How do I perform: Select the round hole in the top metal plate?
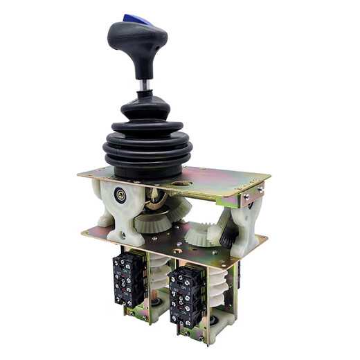coord(184,183)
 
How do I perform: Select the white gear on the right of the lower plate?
coord(203,233)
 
